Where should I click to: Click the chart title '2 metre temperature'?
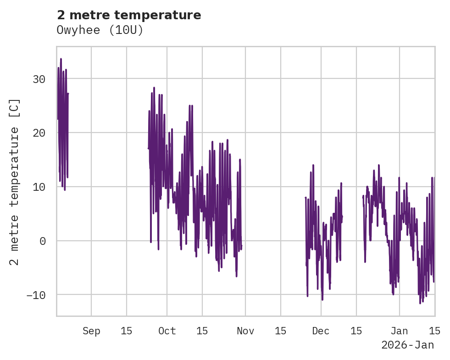tap(129, 15)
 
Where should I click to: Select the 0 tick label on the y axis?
tap(43, 241)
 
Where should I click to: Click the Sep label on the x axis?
tap(91, 331)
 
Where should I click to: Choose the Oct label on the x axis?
tap(167, 331)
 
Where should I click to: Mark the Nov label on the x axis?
tap(245, 331)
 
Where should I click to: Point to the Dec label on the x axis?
tap(321, 331)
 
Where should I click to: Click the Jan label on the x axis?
tap(400, 331)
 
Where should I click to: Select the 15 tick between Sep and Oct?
tap(126, 331)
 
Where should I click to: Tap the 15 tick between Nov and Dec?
tap(280, 331)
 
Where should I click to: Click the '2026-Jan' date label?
tap(407, 345)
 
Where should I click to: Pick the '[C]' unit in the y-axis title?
tap(15, 108)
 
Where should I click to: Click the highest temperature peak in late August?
tap(61, 59)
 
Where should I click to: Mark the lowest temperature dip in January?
tap(420, 303)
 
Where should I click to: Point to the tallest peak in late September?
tap(154, 87)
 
